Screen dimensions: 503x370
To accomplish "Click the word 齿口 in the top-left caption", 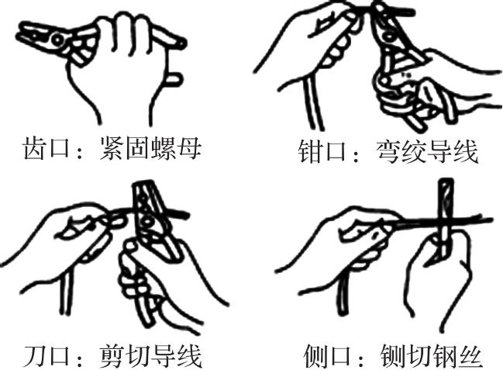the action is pyautogui.click(x=46, y=148).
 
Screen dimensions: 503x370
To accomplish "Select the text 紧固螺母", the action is pyautogui.click(x=150, y=148).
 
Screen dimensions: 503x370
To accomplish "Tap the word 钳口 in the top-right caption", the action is pyautogui.click(x=322, y=151).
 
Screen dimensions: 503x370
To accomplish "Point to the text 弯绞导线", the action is pyautogui.click(x=426, y=151).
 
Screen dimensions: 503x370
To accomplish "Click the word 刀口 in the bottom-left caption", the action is pyautogui.click(x=47, y=355).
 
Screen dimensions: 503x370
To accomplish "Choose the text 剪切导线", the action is pyautogui.click(x=150, y=355).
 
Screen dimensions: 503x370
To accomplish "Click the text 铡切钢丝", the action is pyautogui.click(x=431, y=355).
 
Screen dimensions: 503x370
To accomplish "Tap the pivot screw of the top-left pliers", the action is pyautogui.click(x=58, y=40).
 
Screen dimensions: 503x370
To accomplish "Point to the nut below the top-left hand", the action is pyautogui.click(x=174, y=78).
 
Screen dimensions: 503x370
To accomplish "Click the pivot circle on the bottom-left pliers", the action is pyautogui.click(x=147, y=220).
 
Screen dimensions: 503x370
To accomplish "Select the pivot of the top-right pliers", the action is pyautogui.click(x=389, y=36).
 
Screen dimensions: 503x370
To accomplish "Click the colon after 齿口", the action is pyautogui.click(x=80, y=151).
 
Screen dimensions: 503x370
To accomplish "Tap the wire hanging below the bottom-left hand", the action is pyautogui.click(x=65, y=291).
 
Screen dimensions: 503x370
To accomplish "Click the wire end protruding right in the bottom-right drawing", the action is pyautogui.click(x=474, y=221).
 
